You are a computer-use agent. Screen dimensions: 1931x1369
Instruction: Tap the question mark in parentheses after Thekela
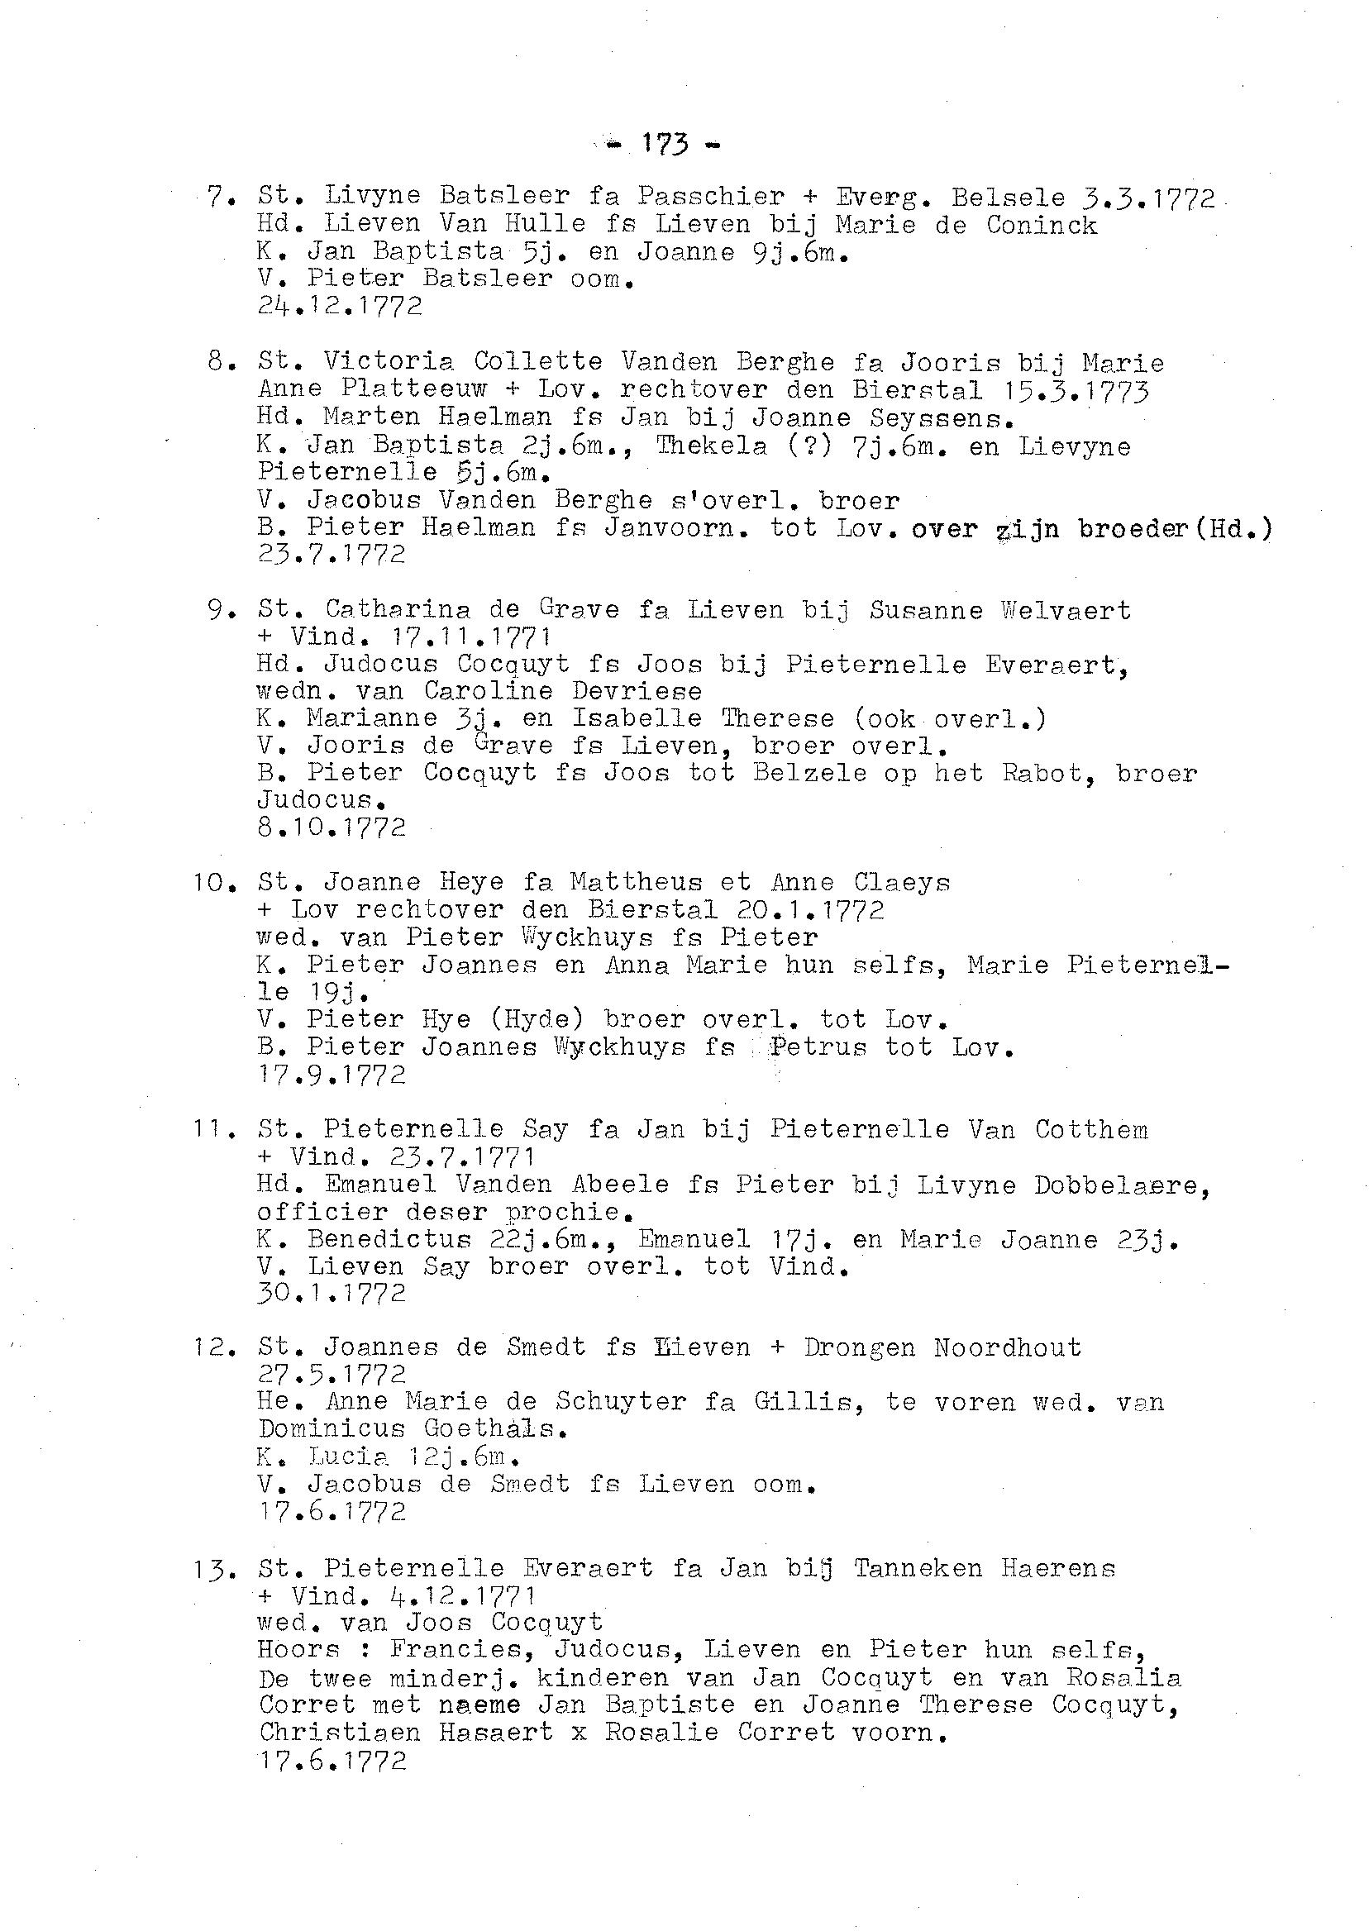click(x=808, y=445)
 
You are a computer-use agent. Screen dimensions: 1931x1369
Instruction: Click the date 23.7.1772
click(x=332, y=555)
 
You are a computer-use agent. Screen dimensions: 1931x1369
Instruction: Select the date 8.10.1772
click(x=332, y=827)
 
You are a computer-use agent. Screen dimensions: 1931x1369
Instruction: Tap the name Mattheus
click(x=636, y=883)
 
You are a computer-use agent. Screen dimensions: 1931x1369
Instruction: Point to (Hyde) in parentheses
click(x=537, y=1019)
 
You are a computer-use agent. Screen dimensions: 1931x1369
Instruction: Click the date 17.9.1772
click(x=332, y=1074)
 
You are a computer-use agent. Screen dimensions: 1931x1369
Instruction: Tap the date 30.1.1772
click(x=332, y=1293)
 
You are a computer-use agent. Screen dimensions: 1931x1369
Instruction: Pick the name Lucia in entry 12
click(x=347, y=1457)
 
